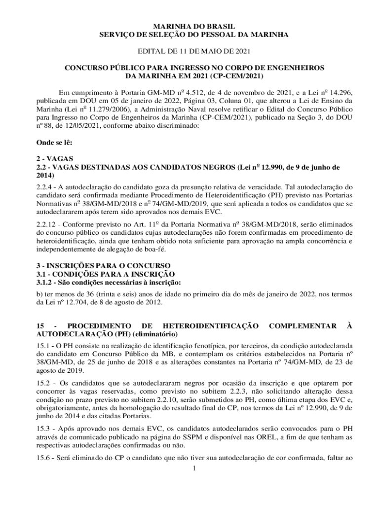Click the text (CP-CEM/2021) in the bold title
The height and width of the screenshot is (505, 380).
(237, 76)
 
